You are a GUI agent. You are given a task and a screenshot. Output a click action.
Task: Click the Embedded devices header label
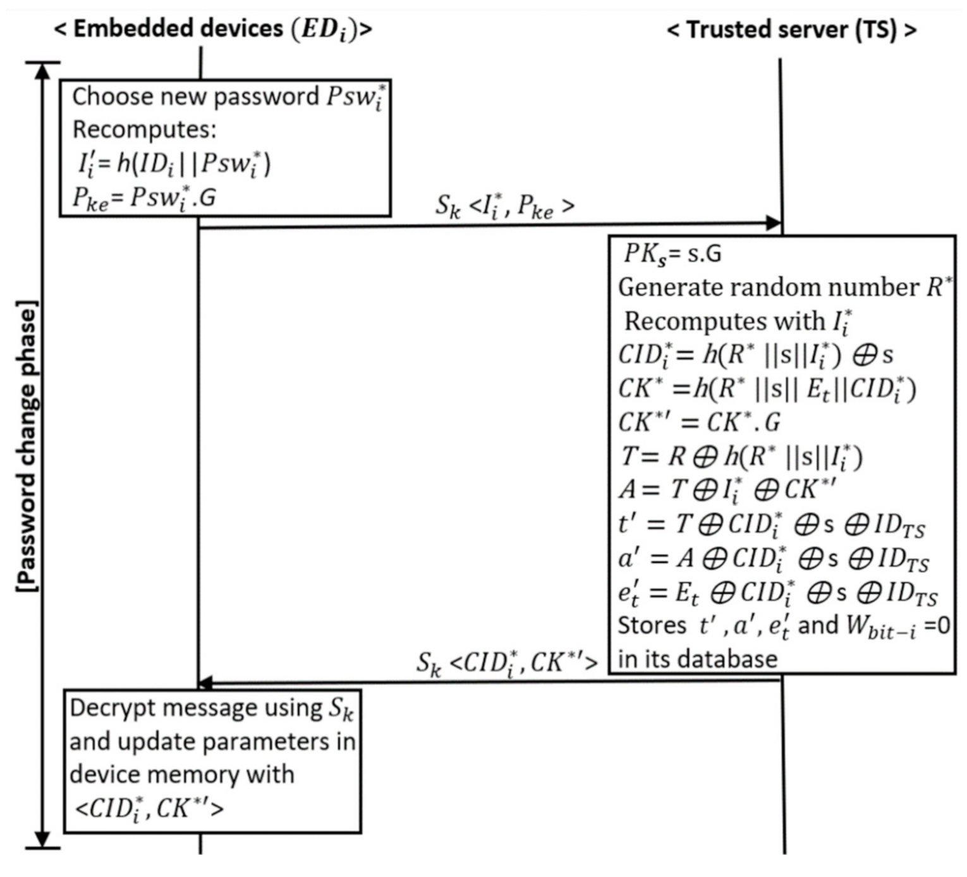(x=213, y=30)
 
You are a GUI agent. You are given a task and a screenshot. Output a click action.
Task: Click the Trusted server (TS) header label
(x=791, y=30)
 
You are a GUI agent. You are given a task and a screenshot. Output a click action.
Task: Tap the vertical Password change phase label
(x=27, y=446)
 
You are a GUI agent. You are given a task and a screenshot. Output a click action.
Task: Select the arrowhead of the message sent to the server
(x=774, y=223)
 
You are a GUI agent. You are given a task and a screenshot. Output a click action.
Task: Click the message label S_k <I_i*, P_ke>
(x=504, y=206)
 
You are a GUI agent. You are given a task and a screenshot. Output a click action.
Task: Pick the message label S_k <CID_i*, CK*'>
(x=506, y=663)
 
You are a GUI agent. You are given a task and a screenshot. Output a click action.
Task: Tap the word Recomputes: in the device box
(x=144, y=130)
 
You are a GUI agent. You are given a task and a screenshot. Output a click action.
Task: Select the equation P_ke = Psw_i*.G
(x=144, y=198)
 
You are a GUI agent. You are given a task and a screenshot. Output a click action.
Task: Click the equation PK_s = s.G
(x=672, y=254)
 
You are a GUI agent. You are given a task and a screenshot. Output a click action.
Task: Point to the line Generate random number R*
(x=784, y=288)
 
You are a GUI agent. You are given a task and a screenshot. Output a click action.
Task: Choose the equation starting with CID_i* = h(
(x=755, y=355)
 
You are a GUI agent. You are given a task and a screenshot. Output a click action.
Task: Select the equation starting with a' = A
(x=774, y=559)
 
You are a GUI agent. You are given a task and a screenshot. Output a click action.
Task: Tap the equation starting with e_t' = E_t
(x=777, y=593)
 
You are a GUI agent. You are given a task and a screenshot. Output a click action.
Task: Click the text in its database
(x=697, y=659)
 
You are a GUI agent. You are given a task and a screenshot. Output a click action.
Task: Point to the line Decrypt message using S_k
(x=211, y=708)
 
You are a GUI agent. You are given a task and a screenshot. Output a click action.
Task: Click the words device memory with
(x=182, y=775)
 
